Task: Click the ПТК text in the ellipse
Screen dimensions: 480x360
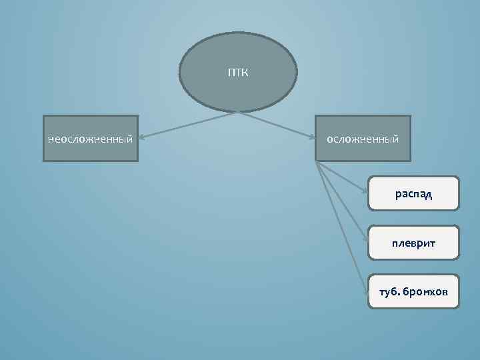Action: point(238,73)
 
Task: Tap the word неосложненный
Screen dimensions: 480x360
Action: point(90,139)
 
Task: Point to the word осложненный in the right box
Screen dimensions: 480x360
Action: point(363,139)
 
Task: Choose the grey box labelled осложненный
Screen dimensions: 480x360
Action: point(363,152)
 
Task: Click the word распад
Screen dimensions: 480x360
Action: point(413,194)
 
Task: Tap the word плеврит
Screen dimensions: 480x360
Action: point(413,243)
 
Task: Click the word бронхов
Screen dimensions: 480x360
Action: point(427,293)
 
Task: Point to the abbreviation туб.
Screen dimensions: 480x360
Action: point(389,293)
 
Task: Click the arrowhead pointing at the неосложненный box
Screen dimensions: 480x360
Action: point(143,138)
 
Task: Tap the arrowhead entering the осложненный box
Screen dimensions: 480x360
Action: point(312,138)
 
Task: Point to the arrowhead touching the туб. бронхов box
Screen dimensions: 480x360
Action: point(367,290)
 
